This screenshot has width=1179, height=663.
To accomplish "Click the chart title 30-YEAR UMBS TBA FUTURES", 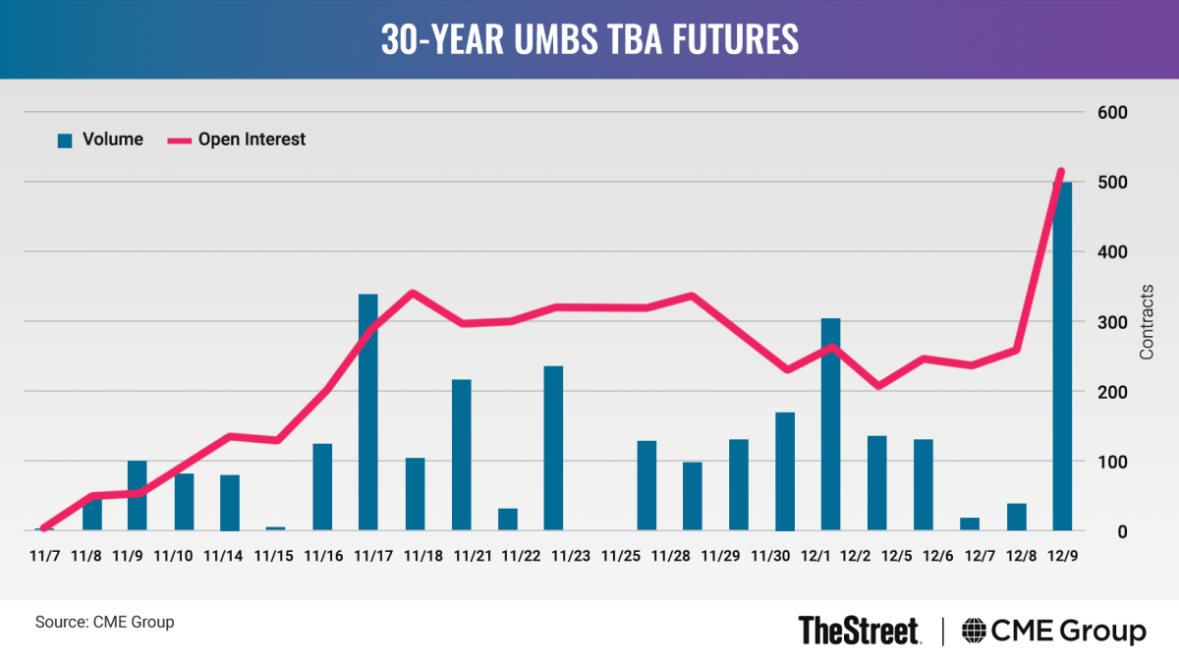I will [589, 39].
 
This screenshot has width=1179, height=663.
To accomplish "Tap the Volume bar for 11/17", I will [367, 413].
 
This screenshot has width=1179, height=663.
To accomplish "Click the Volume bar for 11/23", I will [553, 448].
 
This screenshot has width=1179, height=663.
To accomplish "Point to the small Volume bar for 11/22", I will [507, 520].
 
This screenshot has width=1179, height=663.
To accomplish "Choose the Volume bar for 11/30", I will [784, 471].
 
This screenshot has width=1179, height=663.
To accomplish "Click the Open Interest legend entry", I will [251, 139].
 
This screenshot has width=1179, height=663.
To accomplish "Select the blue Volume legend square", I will [66, 140].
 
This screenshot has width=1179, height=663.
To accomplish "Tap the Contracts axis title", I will [1147, 322].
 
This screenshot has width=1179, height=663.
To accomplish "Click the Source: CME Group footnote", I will [104, 622].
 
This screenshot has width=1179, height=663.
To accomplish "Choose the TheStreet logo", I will [859, 630].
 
